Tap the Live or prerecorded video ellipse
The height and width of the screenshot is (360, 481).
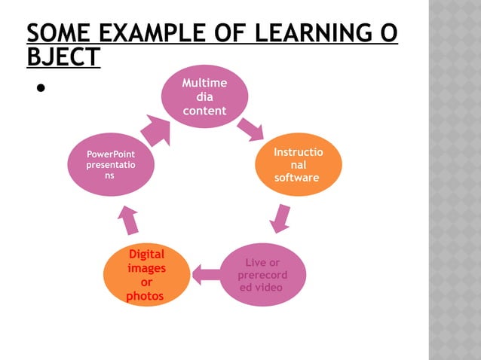tap(262, 274)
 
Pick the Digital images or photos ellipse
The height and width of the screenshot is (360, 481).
tap(146, 275)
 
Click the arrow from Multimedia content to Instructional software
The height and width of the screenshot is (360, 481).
tap(250, 130)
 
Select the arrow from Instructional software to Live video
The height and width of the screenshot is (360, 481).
tap(281, 217)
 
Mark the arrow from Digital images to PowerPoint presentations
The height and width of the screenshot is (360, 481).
tap(128, 219)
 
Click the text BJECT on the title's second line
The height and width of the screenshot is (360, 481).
tap(63, 58)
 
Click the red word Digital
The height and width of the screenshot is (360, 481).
tap(146, 254)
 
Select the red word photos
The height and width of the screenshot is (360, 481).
tap(145, 296)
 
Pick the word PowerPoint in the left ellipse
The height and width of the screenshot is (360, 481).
tap(111, 154)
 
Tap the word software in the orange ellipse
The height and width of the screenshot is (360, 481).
tap(297, 178)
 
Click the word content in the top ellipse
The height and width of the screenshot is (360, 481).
tap(205, 110)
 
